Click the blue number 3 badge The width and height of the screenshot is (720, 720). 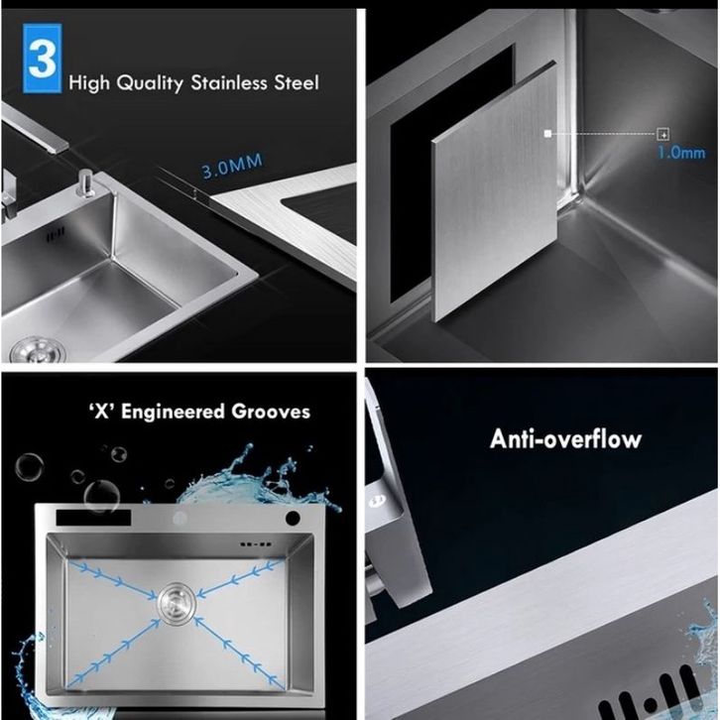click(x=43, y=58)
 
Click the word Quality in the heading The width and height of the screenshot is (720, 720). click(x=150, y=83)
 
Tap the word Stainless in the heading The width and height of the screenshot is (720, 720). click(x=229, y=82)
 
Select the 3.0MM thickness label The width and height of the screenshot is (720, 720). click(x=232, y=166)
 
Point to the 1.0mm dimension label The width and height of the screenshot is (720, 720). click(x=681, y=153)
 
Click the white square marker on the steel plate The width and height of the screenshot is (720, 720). click(x=547, y=134)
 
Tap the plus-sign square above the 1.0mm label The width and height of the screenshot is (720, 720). click(x=663, y=134)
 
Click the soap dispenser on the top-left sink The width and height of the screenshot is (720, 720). click(x=86, y=182)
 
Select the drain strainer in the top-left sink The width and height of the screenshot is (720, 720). click(x=38, y=350)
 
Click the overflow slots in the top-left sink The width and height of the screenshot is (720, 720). click(x=56, y=234)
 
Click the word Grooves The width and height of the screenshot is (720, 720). click(x=271, y=411)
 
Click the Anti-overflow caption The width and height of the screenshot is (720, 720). click(x=565, y=438)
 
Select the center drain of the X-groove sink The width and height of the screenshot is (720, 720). click(x=177, y=603)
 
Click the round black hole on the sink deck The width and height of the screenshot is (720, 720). click(x=293, y=518)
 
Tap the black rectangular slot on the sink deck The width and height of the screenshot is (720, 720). click(x=93, y=518)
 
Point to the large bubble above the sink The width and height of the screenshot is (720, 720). click(x=101, y=496)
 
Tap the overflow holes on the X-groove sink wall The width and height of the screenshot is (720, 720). click(x=256, y=544)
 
